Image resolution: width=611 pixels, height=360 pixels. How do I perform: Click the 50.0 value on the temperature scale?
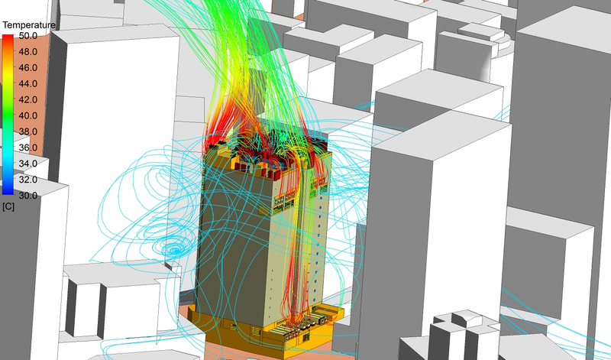tap(28, 36)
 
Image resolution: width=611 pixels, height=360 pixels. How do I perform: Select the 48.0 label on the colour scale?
tap(28, 52)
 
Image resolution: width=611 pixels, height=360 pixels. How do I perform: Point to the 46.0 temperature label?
tap(28, 68)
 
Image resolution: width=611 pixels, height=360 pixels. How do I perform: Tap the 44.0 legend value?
tap(28, 84)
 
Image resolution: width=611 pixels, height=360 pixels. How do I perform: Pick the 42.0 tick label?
tap(28, 100)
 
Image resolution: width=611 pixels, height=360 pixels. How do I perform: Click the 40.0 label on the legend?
tap(28, 116)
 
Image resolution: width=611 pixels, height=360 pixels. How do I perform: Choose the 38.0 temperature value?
tap(28, 131)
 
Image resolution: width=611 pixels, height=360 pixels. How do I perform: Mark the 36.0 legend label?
tap(28, 148)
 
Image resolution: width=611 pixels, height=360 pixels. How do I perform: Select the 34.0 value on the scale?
tap(28, 164)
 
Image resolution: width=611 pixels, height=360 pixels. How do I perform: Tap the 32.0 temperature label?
tap(28, 180)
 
